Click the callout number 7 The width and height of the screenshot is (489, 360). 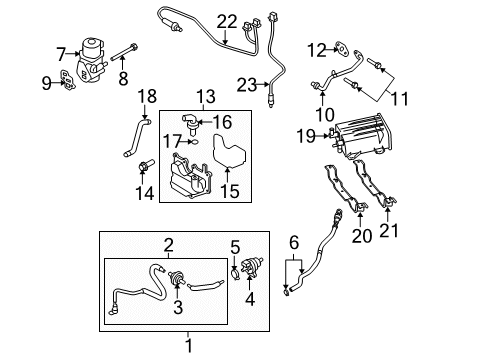pyautogui.click(x=61, y=53)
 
